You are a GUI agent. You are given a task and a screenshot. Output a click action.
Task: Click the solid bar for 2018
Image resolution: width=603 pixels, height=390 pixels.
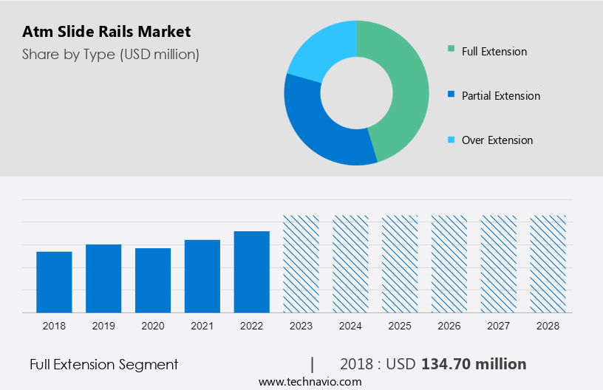pyautogui.click(x=54, y=282)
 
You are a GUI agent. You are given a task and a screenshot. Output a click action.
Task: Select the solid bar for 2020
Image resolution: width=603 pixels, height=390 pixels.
pyautogui.click(x=153, y=281)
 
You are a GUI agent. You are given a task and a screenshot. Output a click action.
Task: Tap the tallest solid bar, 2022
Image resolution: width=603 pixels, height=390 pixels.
pyautogui.click(x=252, y=272)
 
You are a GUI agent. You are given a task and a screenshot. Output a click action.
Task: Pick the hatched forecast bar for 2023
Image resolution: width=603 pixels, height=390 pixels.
pyautogui.click(x=301, y=264)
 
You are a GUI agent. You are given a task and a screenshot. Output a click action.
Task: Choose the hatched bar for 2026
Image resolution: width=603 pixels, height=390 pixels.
pyautogui.click(x=449, y=264)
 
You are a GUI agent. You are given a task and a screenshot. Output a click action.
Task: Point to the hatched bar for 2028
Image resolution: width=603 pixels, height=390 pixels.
pyautogui.click(x=548, y=264)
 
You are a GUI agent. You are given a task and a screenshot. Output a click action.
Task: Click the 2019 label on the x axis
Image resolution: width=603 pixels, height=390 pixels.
pyautogui.click(x=103, y=326)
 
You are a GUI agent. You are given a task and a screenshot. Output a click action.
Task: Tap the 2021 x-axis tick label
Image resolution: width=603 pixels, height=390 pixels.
pyautogui.click(x=202, y=326)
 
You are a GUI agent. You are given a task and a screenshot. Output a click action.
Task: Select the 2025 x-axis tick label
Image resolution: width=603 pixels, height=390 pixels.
pyautogui.click(x=400, y=326)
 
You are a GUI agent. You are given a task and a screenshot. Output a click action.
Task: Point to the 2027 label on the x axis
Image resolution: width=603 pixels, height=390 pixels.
pyautogui.click(x=499, y=326)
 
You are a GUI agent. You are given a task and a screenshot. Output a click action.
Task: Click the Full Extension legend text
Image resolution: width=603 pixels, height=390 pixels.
pyautogui.click(x=494, y=52)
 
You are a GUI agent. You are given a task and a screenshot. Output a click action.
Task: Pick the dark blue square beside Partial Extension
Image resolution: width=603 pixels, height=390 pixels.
pyautogui.click(x=451, y=95)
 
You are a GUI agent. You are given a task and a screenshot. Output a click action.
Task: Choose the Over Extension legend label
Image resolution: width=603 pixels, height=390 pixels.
pyautogui.click(x=497, y=140)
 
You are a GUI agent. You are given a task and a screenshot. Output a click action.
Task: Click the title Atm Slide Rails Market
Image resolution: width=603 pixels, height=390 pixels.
pyautogui.click(x=106, y=32)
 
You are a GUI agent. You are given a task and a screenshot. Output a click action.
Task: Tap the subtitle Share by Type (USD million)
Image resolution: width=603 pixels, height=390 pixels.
pyautogui.click(x=111, y=54)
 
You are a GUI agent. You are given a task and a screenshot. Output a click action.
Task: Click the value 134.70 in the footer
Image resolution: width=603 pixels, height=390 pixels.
pyautogui.click(x=446, y=364)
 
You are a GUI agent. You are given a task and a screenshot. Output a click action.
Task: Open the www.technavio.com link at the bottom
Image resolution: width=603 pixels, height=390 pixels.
pyautogui.click(x=310, y=382)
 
